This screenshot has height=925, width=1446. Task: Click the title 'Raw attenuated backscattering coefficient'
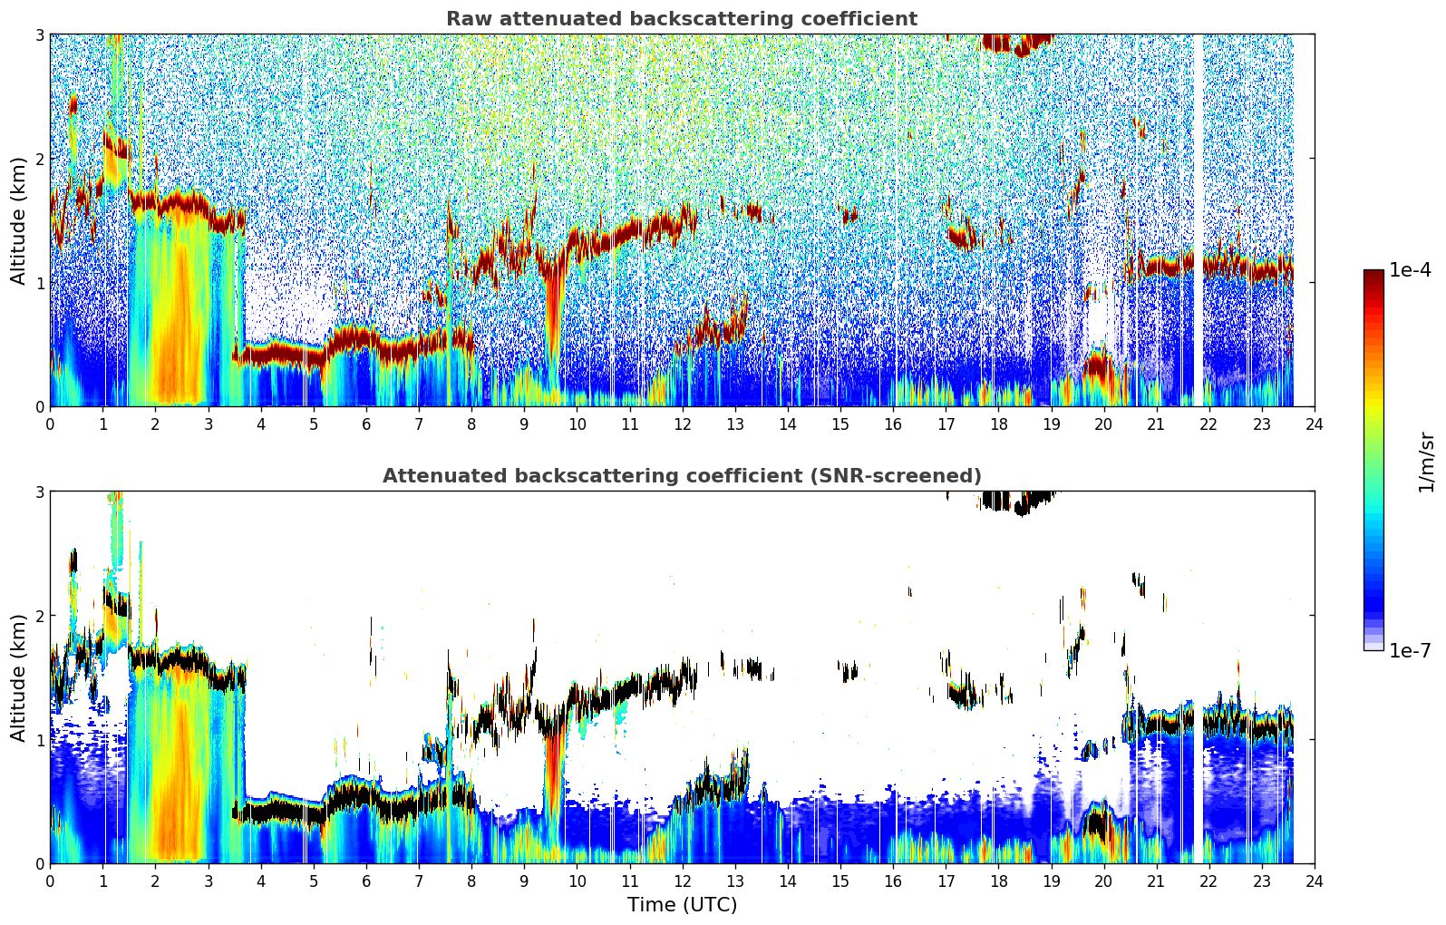(x=682, y=19)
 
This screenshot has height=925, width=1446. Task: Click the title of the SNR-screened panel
(x=682, y=476)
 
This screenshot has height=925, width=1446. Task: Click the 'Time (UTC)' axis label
(x=682, y=905)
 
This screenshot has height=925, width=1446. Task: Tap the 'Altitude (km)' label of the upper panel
(x=17, y=221)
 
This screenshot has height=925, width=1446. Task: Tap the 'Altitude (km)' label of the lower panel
(x=17, y=677)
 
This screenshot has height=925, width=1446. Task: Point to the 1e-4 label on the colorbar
(x=1410, y=270)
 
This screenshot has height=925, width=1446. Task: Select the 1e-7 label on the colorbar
(x=1410, y=650)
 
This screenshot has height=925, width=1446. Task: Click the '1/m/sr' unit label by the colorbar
(x=1426, y=462)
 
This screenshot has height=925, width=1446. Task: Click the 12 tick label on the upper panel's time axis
(x=683, y=424)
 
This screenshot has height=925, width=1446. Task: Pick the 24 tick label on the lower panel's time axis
(x=1315, y=881)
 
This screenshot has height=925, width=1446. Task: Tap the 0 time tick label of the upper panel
(x=51, y=424)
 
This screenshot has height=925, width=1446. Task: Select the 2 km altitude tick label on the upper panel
(x=39, y=159)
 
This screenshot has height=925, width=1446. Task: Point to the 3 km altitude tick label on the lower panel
(x=39, y=492)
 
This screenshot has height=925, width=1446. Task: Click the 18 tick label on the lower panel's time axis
(x=999, y=881)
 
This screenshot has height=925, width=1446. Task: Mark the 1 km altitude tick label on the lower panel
(x=39, y=740)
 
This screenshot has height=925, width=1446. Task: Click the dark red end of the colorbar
(x=1373, y=274)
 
